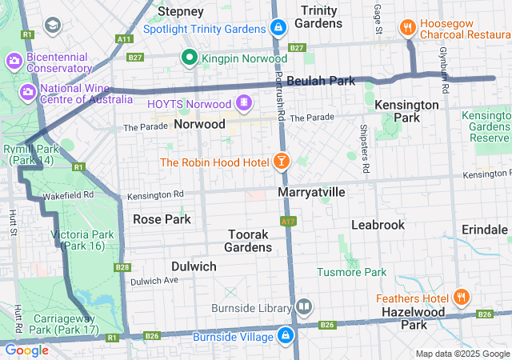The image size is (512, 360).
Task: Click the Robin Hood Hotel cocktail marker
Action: coord(281,162)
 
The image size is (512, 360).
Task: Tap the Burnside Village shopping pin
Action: coord(286,336)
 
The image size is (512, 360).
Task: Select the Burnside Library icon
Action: coord(304,307)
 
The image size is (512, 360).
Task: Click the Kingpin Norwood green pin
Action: coord(190,58)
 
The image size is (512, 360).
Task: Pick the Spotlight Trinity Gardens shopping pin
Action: coord(278,28)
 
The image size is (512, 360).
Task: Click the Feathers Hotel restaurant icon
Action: coord(461,298)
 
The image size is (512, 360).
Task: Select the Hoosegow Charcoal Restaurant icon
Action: coord(409,26)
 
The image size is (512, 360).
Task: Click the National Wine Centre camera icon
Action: coord(27,94)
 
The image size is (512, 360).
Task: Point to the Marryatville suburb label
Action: coord(311,193)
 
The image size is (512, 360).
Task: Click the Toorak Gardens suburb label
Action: coord(250,241)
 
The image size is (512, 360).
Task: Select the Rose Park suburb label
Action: coord(162,218)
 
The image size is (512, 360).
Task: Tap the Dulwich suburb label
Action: coord(194,266)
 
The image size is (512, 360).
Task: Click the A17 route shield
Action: coord(288,220)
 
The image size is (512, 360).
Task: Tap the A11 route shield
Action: coord(124,38)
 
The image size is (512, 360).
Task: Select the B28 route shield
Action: coord(122,267)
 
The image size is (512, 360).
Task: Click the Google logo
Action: coord(26,350)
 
